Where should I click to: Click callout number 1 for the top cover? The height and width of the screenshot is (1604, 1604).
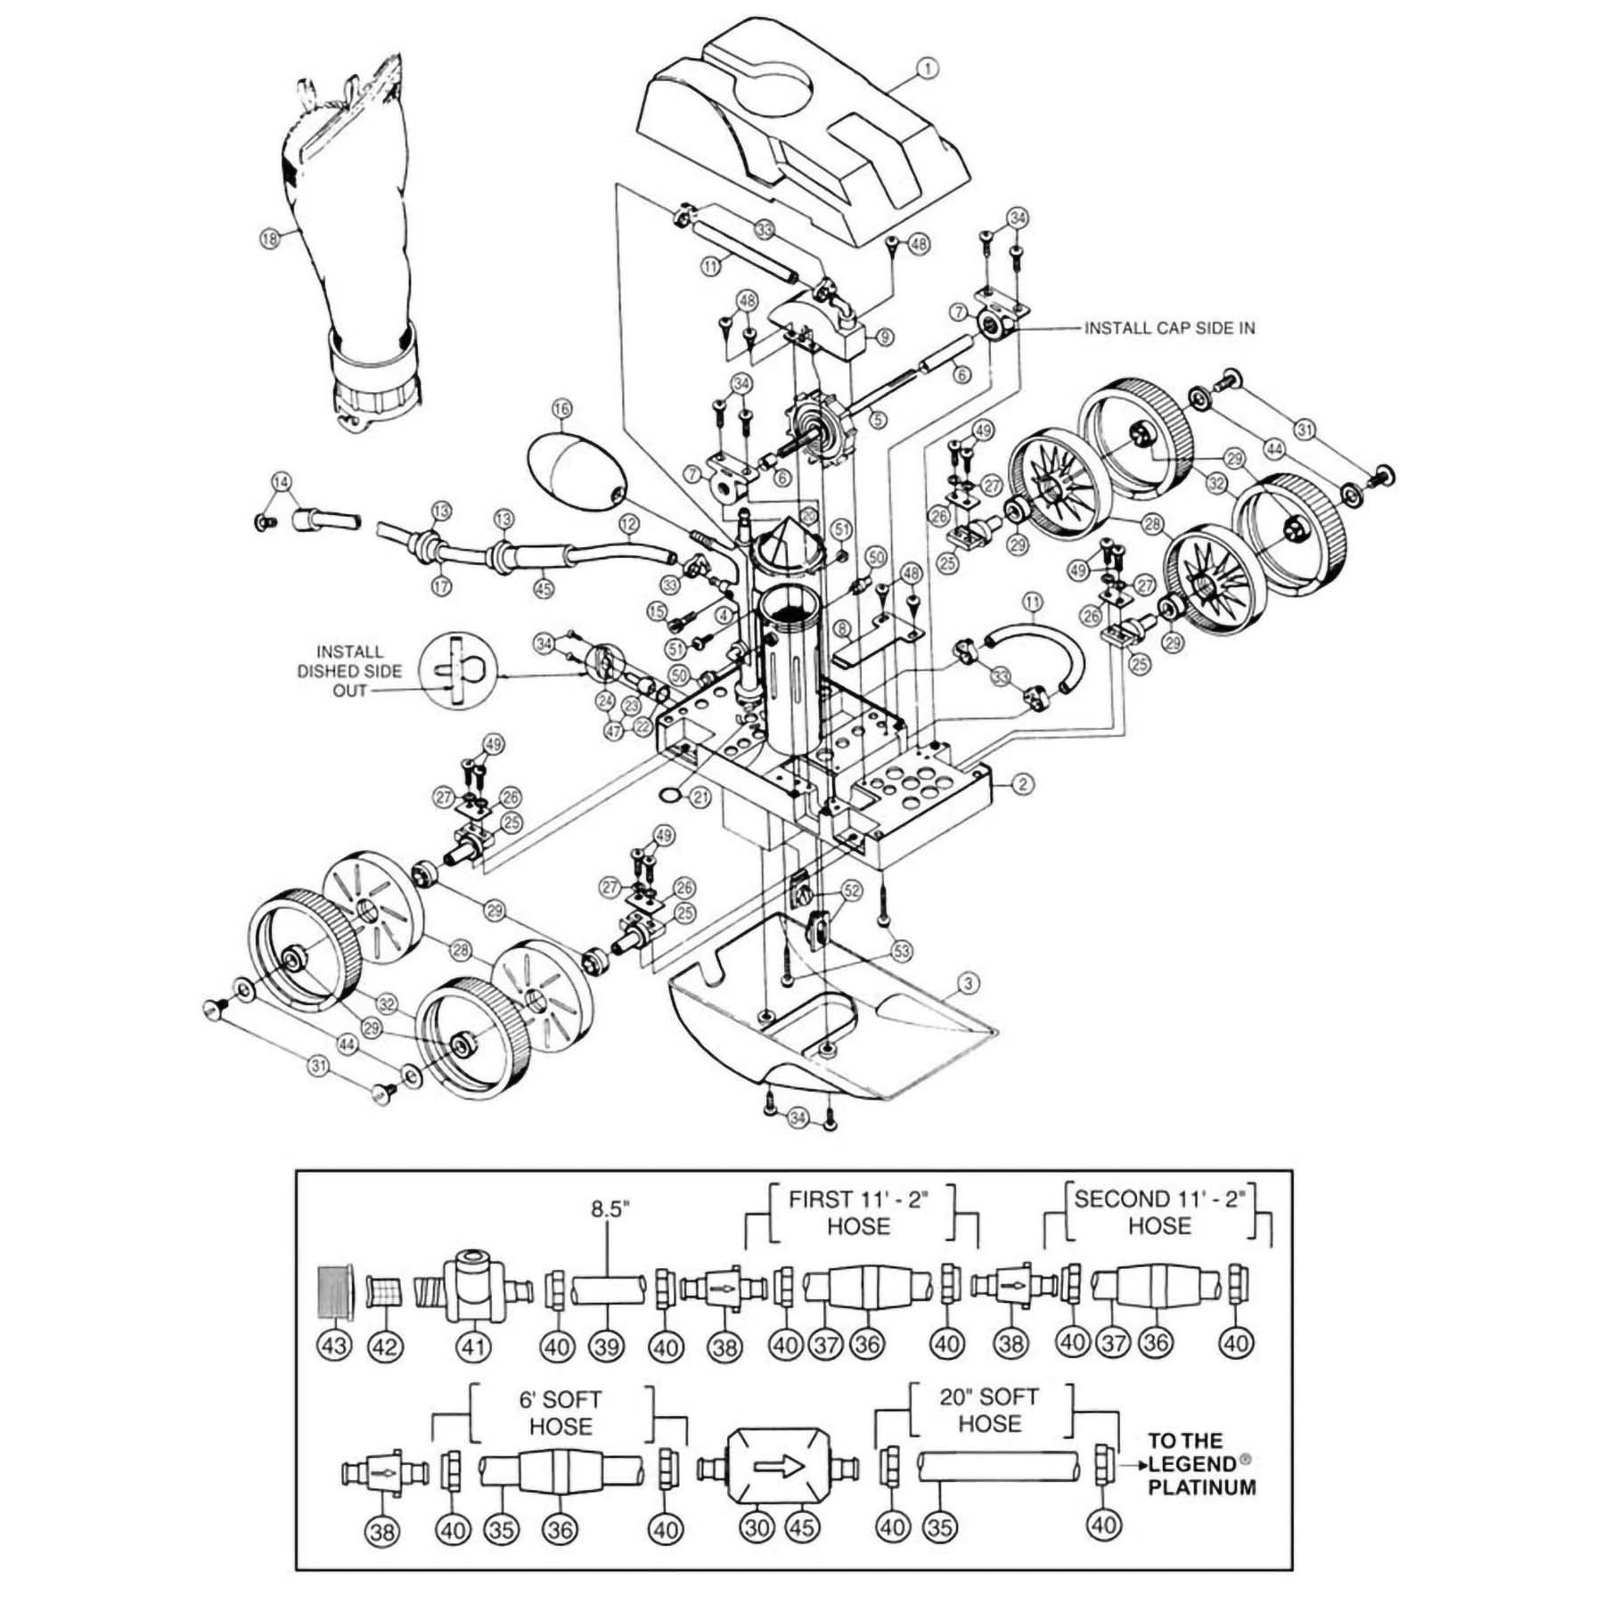[x=928, y=68]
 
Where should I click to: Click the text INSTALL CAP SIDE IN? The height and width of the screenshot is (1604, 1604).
[x=1169, y=328]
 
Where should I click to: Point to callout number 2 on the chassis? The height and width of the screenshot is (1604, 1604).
[x=1024, y=784]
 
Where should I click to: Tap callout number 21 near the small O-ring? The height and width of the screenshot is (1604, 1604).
[x=700, y=797]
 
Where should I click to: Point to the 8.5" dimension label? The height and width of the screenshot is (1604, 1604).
[x=610, y=1209]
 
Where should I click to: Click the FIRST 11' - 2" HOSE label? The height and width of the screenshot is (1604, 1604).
[x=858, y=1213]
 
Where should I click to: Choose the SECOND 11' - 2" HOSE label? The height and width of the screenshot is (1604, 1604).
[x=1159, y=1213]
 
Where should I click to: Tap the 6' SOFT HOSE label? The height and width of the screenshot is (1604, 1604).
[x=560, y=1413]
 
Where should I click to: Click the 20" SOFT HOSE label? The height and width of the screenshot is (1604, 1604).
[x=989, y=1411]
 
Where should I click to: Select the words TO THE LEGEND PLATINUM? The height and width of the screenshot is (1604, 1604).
[x=1201, y=1464]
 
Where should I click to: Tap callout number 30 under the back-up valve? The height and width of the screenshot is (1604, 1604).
[x=757, y=1528]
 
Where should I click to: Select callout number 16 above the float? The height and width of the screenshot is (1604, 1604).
[x=561, y=409]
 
